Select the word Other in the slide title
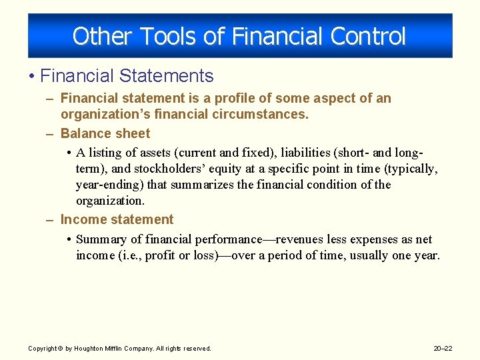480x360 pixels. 93,35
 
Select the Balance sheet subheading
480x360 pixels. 105,133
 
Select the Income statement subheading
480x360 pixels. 117,220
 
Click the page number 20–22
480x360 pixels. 442,348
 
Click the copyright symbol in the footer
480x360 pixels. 59,348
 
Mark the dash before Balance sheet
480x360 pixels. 51,133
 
